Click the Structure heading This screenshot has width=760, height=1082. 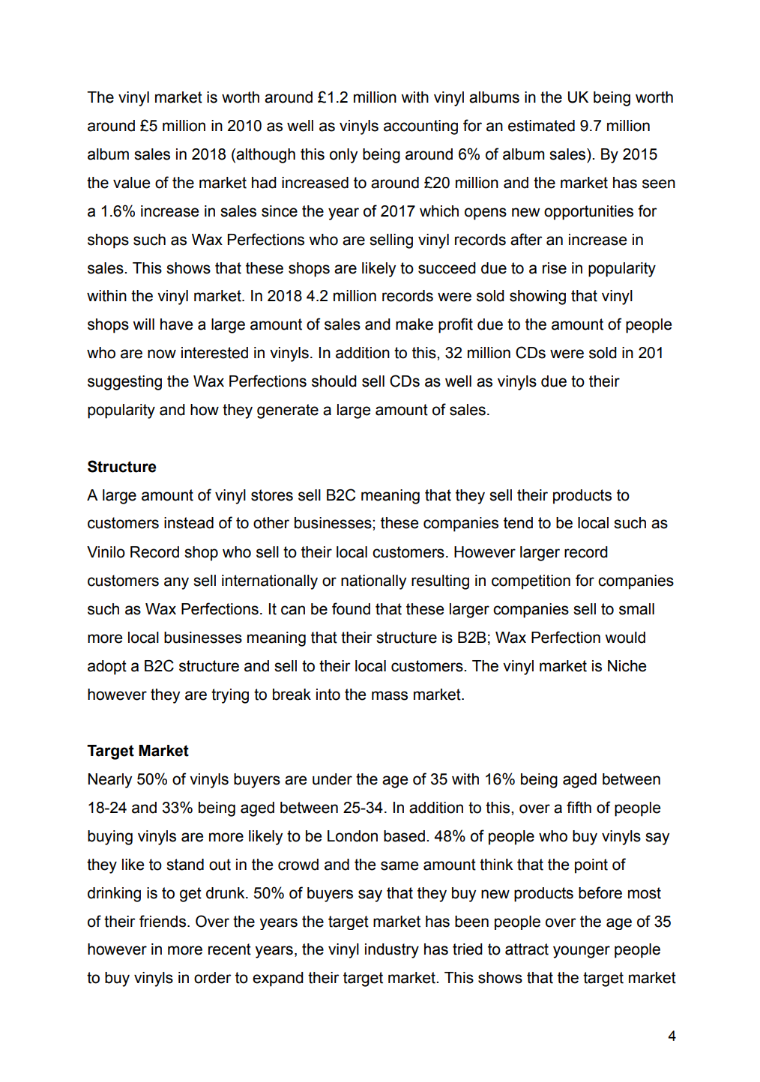tap(121, 467)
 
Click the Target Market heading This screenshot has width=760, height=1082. tap(138, 751)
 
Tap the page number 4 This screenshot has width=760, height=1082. tap(672, 1036)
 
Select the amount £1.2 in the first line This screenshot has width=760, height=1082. tap(333, 97)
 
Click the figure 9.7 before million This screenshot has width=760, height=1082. tap(590, 126)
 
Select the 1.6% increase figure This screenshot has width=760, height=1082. tap(118, 211)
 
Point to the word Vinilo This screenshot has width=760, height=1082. tap(106, 552)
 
